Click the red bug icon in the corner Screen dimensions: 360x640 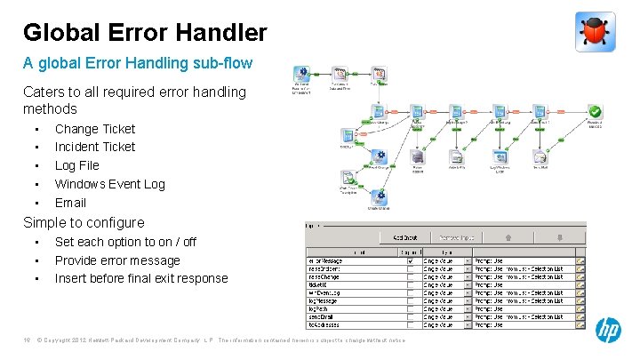click(x=595, y=32)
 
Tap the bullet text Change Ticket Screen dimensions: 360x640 click(x=95, y=129)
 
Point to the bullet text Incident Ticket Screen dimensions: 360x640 click(x=95, y=147)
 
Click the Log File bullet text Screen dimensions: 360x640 click(x=77, y=165)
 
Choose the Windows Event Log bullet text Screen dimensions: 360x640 click(x=110, y=184)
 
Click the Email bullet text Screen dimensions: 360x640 click(x=70, y=203)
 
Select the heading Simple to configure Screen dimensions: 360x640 click(x=84, y=222)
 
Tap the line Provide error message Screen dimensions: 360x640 click(x=117, y=260)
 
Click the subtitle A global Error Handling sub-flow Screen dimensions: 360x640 click(x=138, y=63)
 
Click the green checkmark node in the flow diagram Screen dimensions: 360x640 click(x=595, y=112)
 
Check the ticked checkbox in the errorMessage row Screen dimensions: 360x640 click(x=410, y=262)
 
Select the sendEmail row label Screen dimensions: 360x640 click(x=325, y=316)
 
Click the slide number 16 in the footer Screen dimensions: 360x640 click(x=28, y=340)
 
